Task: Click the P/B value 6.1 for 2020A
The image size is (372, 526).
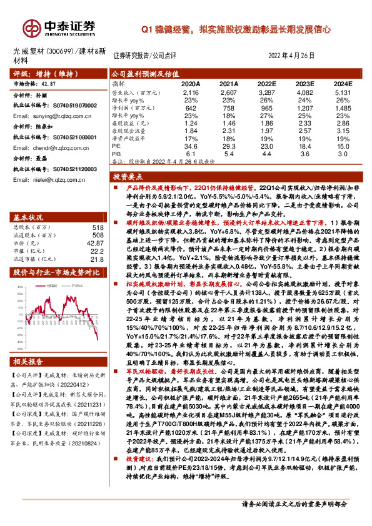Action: [191, 153]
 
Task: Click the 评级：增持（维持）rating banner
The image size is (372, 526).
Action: [40, 73]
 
